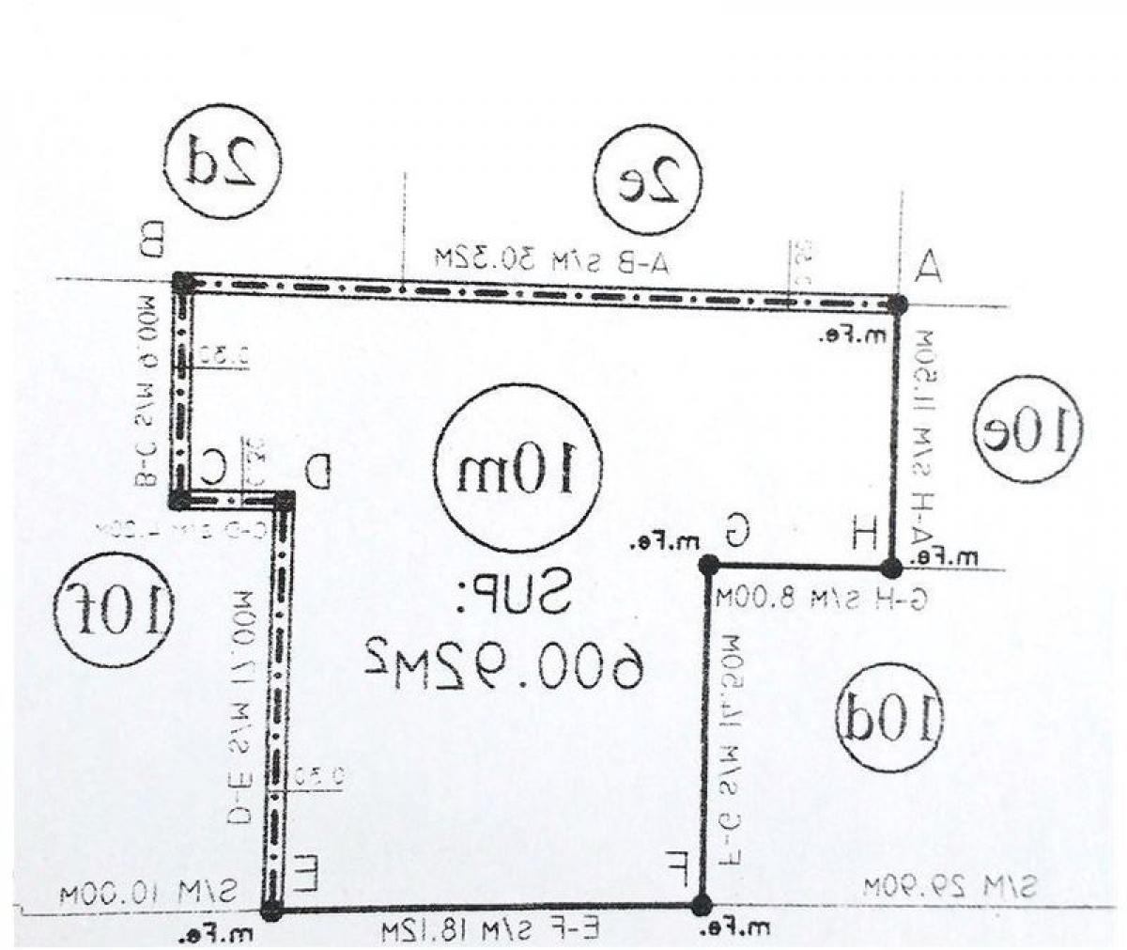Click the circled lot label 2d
click(x=223, y=162)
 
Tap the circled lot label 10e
click(x=1027, y=431)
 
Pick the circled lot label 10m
click(x=517, y=468)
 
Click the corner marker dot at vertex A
click(x=898, y=304)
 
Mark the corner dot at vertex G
click(x=708, y=565)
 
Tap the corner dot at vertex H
click(x=890, y=568)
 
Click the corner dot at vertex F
click(x=701, y=905)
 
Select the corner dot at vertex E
click(x=270, y=909)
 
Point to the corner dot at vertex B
click(x=183, y=281)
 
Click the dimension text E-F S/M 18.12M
click(x=490, y=931)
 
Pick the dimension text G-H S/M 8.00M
click(x=819, y=599)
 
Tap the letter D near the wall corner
click(x=320, y=470)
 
